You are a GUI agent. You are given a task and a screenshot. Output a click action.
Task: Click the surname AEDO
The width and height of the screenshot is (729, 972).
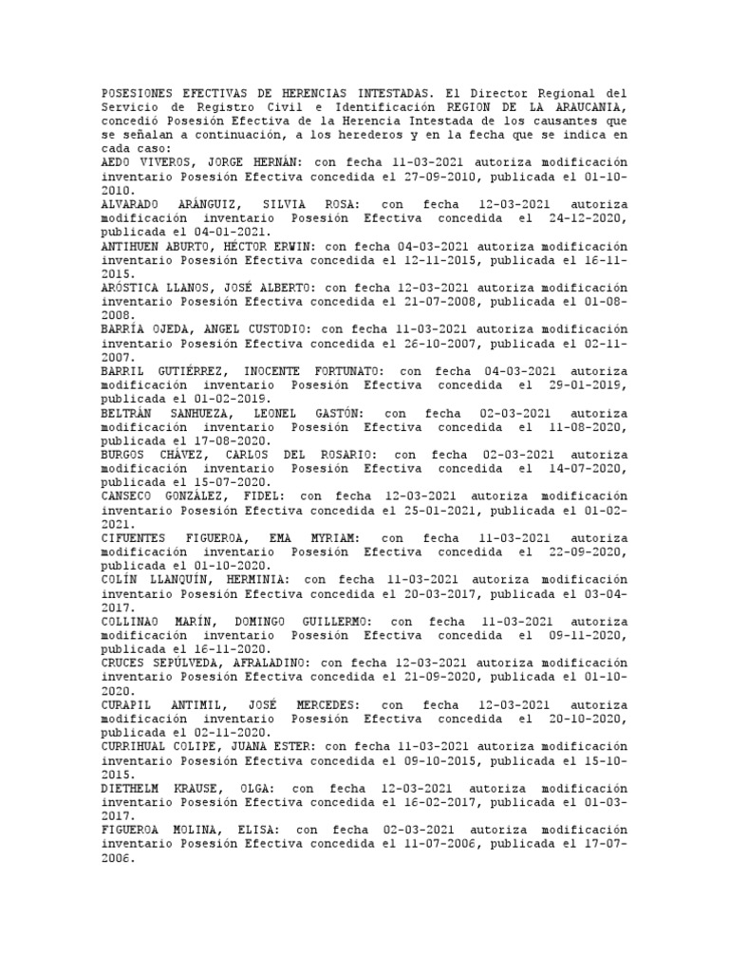point(119,162)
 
